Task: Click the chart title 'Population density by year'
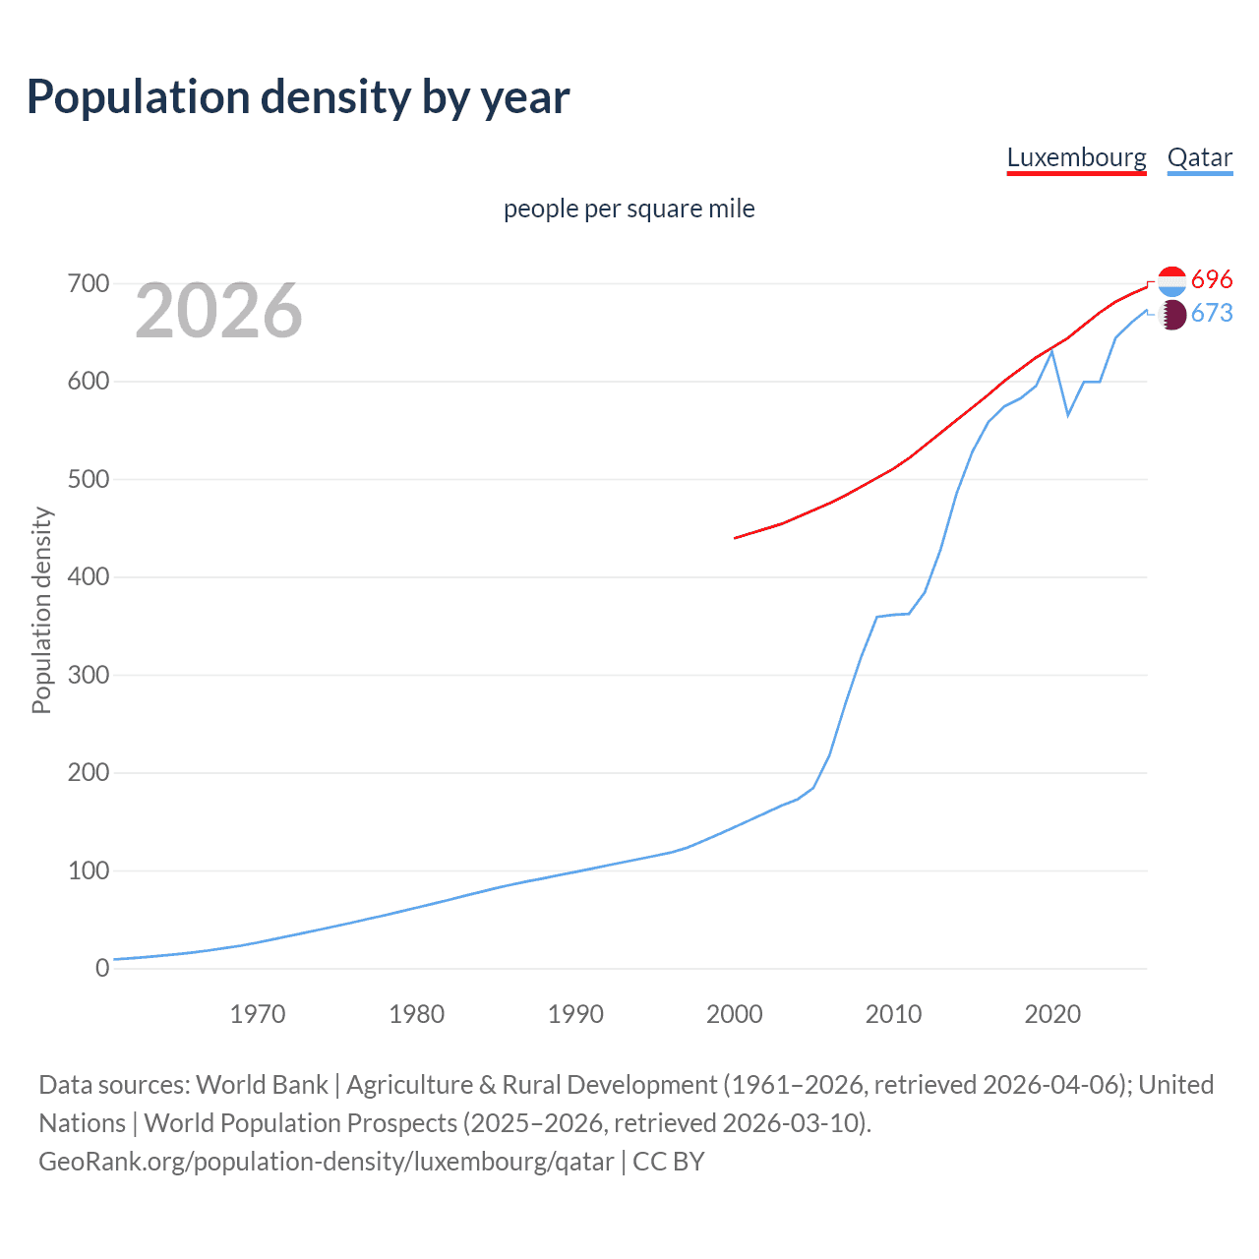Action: [298, 97]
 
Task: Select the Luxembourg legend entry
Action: [1076, 157]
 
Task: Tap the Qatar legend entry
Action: [1199, 157]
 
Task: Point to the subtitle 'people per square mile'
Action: [629, 210]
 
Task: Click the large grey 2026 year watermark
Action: [218, 311]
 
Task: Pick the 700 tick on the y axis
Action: [88, 284]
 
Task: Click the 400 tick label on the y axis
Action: [88, 577]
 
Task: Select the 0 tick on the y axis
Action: [102, 969]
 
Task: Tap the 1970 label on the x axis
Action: [257, 1014]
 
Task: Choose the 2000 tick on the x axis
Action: [734, 1014]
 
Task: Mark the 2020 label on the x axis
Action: [1051, 1014]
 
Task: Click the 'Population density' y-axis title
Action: [41, 610]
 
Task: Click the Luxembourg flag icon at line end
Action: [1171, 281]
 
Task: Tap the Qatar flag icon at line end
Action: [1171, 315]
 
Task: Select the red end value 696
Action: [1212, 280]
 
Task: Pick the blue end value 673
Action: [1212, 314]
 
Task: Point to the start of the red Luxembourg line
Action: [736, 538]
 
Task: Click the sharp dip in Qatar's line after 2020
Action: [1067, 415]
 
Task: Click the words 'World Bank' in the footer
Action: [262, 1085]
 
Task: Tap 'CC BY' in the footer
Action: [669, 1162]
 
